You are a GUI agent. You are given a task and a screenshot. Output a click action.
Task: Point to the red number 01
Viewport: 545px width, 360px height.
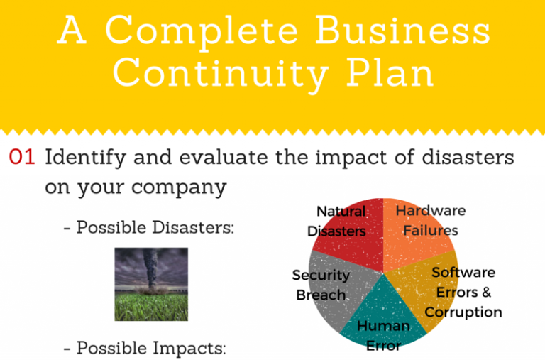[x=22, y=158]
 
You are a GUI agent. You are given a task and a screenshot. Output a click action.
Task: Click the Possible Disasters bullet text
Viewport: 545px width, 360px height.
[x=149, y=228]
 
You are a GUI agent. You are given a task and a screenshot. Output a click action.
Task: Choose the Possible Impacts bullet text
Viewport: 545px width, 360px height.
[x=145, y=348]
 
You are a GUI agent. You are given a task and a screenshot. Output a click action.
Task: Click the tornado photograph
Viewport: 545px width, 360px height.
[x=151, y=284]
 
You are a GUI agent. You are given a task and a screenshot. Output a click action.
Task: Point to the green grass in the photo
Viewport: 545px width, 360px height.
[x=151, y=307]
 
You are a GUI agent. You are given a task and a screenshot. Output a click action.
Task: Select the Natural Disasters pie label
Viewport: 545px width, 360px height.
[x=338, y=222]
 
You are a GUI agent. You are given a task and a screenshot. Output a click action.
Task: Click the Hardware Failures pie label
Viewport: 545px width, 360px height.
[x=430, y=220]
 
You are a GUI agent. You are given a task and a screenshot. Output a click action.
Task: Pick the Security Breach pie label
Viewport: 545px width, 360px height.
[x=321, y=285]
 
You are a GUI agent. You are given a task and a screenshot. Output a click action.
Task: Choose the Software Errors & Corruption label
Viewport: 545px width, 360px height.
[x=463, y=292]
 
